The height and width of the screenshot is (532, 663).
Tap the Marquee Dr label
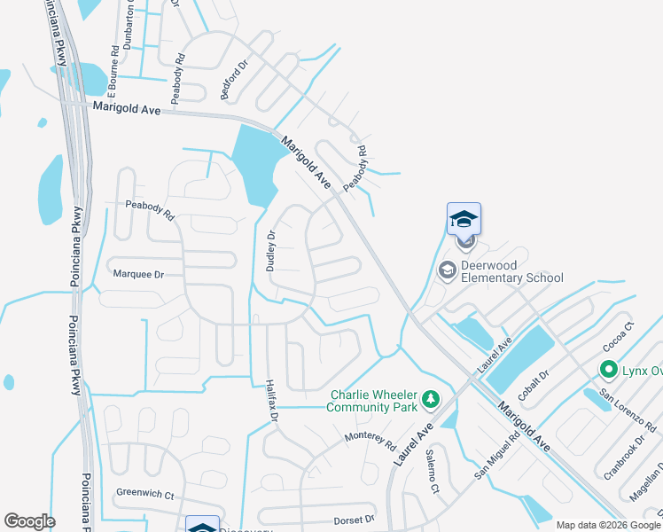pos(139,274)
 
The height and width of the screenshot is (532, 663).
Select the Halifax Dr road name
pos(273,400)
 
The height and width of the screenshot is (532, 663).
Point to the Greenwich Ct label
pos(144,492)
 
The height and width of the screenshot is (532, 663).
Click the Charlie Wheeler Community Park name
pos(372,401)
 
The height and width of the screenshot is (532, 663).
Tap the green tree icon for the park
pos(431,401)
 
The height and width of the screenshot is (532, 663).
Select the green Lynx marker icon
pos(609,369)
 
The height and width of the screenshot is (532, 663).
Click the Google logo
pos(29,521)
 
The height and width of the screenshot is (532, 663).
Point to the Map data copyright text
pos(607,525)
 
